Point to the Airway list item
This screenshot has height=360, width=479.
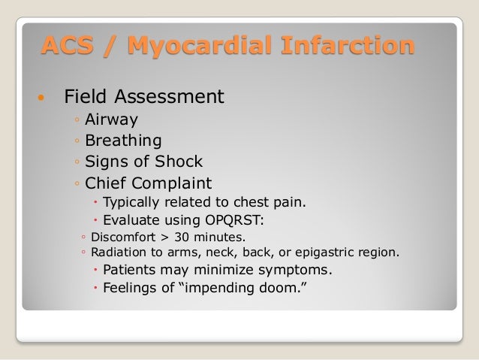(111, 119)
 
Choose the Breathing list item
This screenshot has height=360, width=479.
(122, 141)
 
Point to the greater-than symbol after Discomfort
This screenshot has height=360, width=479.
(166, 237)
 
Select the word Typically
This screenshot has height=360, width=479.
(130, 202)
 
